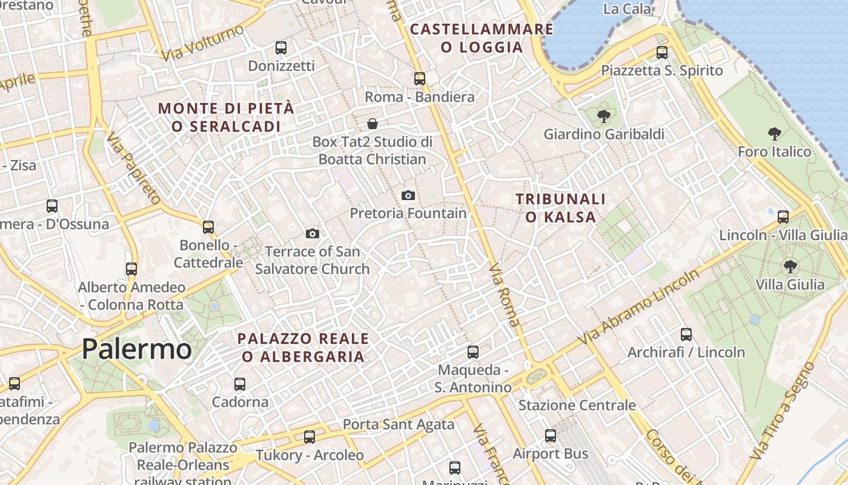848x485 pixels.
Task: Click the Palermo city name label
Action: point(136,349)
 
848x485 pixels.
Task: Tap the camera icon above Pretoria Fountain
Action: point(408,195)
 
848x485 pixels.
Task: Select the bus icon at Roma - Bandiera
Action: point(419,79)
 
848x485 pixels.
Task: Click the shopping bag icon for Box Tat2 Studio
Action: point(373,124)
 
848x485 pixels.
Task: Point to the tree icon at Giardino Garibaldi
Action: point(603,116)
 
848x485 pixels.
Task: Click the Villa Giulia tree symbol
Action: point(790,266)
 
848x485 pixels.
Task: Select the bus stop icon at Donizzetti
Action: point(281,48)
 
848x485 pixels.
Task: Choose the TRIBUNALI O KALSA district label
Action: point(560,208)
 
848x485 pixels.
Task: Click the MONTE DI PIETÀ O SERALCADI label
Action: point(226,118)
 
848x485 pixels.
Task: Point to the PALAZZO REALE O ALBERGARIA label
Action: point(303,347)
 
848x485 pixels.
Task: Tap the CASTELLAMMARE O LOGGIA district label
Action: point(482,38)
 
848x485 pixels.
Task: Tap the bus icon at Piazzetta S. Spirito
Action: point(661,53)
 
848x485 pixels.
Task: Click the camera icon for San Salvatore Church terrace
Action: point(313,233)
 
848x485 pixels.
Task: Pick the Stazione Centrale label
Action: point(577,405)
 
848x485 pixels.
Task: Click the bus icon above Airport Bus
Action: point(550,436)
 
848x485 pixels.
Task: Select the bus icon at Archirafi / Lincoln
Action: point(686,334)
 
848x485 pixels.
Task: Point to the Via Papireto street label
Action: point(134,169)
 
